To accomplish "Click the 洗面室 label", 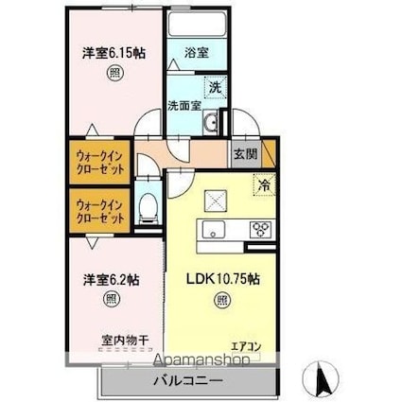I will coord(184,106).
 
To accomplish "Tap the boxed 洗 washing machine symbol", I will coord(215,88).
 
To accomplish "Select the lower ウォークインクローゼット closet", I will coord(101,210).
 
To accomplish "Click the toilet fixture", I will coord(149,209).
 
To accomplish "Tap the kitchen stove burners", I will coord(261,228).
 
